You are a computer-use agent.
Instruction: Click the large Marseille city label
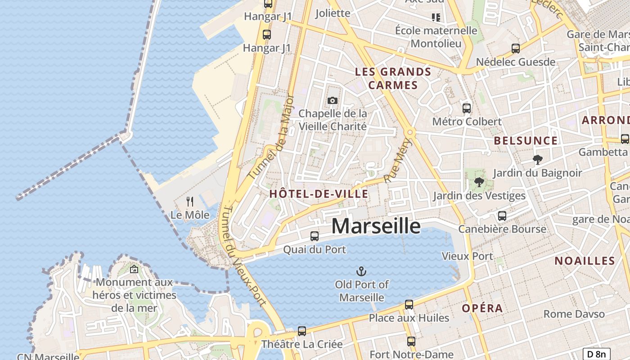(x=376, y=225)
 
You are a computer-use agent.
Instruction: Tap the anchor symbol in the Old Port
(x=361, y=271)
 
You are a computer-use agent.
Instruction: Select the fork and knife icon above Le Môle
(x=190, y=202)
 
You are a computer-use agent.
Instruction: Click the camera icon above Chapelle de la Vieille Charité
(x=333, y=100)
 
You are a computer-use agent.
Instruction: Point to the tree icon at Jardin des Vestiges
(x=479, y=182)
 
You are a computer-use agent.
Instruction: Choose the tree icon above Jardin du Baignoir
(x=537, y=159)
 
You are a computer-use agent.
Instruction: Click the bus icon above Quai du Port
(x=315, y=236)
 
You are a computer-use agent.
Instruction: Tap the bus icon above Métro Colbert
(x=467, y=108)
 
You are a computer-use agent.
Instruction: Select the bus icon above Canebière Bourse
(x=502, y=216)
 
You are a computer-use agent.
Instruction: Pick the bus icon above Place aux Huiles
(x=409, y=305)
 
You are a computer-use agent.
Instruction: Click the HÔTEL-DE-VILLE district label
(x=319, y=194)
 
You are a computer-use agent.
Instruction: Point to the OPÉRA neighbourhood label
(x=482, y=308)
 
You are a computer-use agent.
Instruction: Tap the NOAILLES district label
(x=585, y=261)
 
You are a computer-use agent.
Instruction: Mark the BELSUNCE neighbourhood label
(x=526, y=140)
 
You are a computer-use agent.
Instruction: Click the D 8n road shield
(x=597, y=354)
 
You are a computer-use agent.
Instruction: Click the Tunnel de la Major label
(x=269, y=137)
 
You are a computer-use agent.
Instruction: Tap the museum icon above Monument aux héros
(x=134, y=270)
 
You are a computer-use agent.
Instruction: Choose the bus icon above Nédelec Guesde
(x=516, y=49)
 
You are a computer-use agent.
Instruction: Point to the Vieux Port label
(x=468, y=256)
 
